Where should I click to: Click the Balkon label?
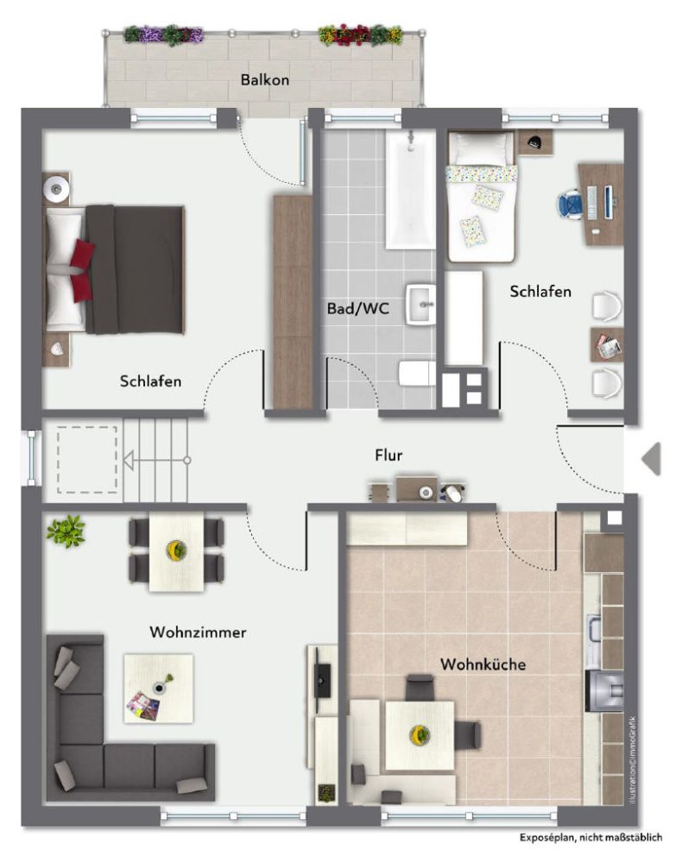click(265, 79)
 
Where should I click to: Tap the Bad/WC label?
click(357, 308)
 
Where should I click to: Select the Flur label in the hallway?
click(388, 455)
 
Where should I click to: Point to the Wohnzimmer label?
click(198, 632)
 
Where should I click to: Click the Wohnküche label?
click(483, 665)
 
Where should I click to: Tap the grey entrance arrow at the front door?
click(651, 458)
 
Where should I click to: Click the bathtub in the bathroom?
click(410, 189)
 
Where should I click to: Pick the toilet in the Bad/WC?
click(417, 374)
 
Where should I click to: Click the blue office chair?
click(571, 204)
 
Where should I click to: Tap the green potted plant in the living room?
click(66, 531)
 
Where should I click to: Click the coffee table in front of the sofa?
click(159, 689)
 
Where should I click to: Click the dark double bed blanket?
click(135, 269)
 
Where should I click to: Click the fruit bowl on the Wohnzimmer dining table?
click(176, 549)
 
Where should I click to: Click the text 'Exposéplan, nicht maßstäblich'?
click(590, 837)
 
